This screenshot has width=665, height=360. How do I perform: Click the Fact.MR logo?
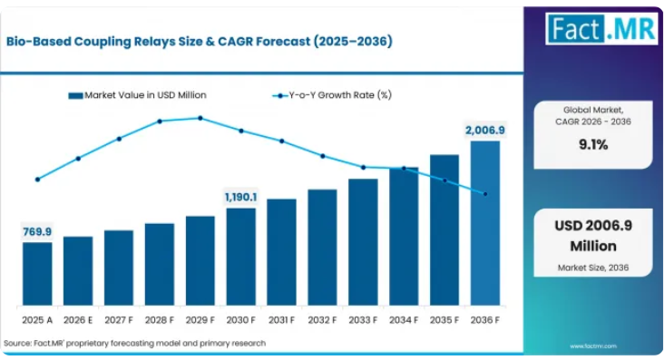tap(601, 29)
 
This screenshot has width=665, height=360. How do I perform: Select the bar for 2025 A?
tap(37, 274)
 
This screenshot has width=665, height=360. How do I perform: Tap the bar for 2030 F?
tap(241, 257)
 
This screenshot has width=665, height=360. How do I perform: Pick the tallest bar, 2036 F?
tap(485, 223)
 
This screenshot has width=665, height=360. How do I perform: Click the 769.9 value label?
tap(37, 231)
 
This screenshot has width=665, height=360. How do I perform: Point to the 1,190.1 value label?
tap(241, 197)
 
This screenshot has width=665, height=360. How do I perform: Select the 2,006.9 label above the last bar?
tap(485, 131)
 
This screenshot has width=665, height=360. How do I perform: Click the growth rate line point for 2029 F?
tap(200, 118)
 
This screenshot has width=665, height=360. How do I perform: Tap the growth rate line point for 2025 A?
tap(38, 180)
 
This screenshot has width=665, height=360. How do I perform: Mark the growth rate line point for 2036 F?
tap(485, 194)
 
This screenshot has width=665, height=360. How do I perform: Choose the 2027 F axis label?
tap(119, 320)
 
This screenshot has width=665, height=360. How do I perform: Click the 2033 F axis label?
tap(363, 320)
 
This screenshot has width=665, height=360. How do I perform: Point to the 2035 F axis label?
tap(445, 320)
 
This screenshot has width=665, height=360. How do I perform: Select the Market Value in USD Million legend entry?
tap(137, 95)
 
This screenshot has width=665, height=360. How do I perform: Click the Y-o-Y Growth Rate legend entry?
tap(332, 95)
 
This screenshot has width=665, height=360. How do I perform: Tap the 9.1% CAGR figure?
tap(593, 144)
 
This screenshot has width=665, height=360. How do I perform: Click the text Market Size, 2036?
tap(593, 268)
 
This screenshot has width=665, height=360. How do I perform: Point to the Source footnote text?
tap(135, 343)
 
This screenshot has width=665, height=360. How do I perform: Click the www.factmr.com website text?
tap(593, 346)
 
